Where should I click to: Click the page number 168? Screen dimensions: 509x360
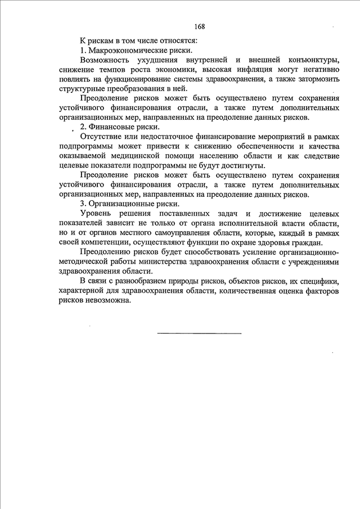(x=200, y=26)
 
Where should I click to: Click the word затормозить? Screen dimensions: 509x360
(x=315, y=79)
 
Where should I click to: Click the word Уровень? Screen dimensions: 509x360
(x=97, y=214)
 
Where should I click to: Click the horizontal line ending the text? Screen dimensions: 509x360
(x=199, y=334)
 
